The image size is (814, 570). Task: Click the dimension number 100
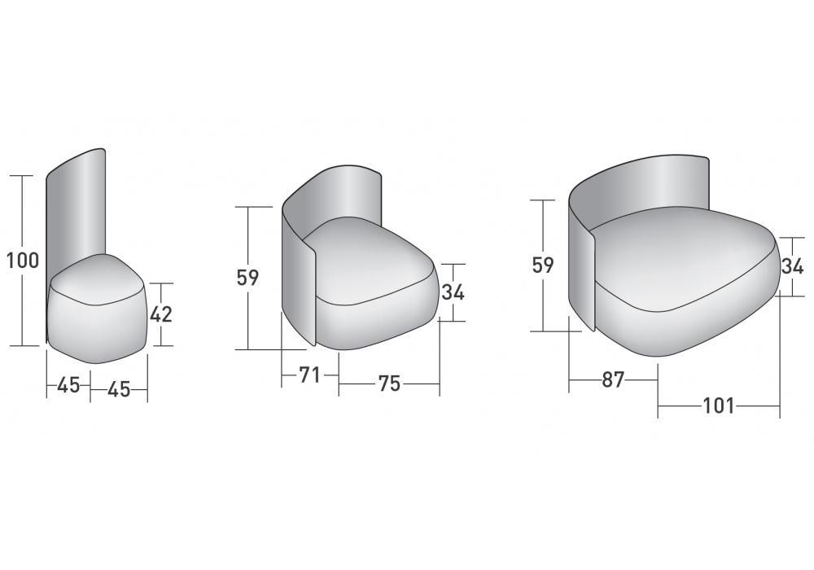point(23,261)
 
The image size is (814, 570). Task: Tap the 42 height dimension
point(161,314)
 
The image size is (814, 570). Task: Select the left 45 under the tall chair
point(68,385)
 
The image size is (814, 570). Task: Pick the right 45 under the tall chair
point(119,389)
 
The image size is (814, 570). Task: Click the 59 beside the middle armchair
point(247,278)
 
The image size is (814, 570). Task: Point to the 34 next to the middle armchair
point(453,292)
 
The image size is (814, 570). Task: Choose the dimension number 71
point(310,375)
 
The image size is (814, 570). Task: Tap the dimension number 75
point(389,384)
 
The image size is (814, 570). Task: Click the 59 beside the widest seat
point(543,265)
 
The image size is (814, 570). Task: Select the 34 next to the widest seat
point(792,266)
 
